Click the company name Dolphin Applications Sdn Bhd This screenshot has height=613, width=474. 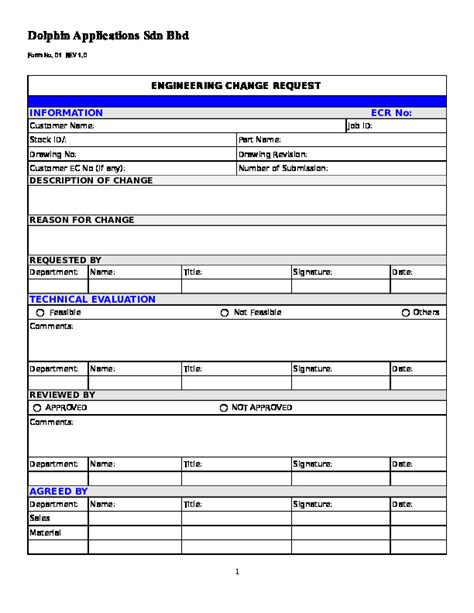click(108, 35)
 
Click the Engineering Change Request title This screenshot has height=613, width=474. click(236, 86)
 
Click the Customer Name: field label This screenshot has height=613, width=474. click(62, 126)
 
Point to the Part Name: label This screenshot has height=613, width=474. click(260, 140)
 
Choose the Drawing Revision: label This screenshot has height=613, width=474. click(272, 154)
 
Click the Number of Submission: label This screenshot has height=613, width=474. click(279, 168)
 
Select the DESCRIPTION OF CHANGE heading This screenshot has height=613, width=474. click(91, 181)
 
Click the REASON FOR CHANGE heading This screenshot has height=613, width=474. click(82, 220)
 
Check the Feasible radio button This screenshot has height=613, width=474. click(39, 312)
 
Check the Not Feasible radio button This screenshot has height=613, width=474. click(224, 312)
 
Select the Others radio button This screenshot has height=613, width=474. click(404, 312)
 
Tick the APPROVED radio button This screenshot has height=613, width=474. click(37, 408)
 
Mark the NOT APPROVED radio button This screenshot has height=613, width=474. click(222, 408)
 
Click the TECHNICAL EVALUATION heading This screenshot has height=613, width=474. click(92, 299)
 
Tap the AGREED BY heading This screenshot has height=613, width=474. click(58, 491)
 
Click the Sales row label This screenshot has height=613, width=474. click(41, 519)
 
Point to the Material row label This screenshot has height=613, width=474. click(46, 533)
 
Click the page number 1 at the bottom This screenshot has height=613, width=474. click(237, 572)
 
